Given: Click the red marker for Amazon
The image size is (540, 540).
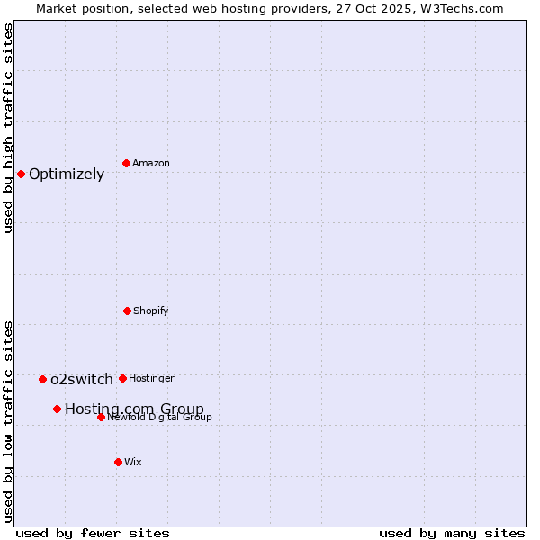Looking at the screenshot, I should coord(126,163).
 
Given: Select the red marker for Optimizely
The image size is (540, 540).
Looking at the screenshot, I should coord(21,174).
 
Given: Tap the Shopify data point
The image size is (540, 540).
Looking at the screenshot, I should coord(127,310).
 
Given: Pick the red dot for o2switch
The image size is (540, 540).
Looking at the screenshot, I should coord(42,379).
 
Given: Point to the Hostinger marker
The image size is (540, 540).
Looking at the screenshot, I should coord(122,378).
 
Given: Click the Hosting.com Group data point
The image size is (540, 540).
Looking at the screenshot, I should coord(57,409).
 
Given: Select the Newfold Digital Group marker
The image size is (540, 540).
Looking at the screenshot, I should coord(101,417).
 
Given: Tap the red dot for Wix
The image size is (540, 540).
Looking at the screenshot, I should coord(118,462).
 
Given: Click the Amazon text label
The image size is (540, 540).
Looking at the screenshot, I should coord(151,163).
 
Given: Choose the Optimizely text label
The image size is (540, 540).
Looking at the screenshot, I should coord(67,175).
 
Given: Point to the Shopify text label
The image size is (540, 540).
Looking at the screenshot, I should coord(151,310).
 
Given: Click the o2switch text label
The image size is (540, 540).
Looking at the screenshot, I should coord(82,380).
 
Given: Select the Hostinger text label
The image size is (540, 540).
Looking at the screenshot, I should coord(152,378).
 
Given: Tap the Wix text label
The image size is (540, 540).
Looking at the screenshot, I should coord(133,462).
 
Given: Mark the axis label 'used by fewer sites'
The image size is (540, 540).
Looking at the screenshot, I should coord(93,533).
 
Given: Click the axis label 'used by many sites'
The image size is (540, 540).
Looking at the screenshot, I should coord(452,533).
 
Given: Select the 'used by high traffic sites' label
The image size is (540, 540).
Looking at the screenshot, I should coord(9,128).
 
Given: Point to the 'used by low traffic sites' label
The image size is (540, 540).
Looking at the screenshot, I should coord(9,421).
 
